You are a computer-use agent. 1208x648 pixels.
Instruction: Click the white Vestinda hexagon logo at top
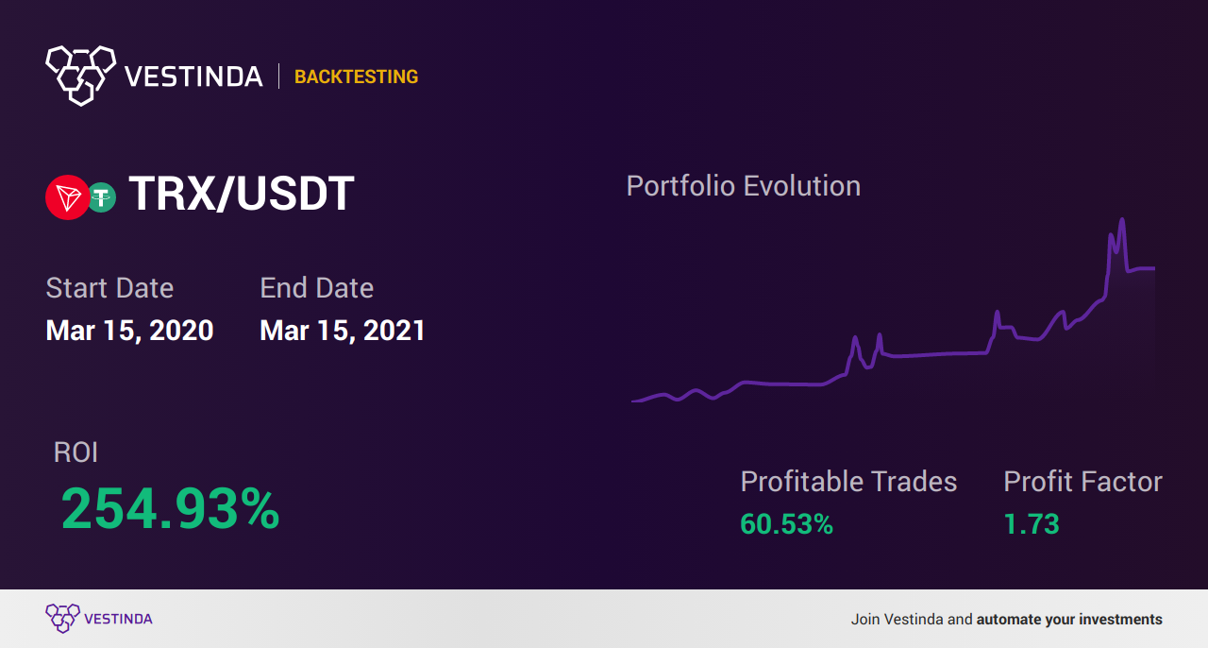point(81,76)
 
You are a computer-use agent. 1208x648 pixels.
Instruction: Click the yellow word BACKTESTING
point(356,77)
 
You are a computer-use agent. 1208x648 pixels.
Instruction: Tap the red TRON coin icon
point(67,197)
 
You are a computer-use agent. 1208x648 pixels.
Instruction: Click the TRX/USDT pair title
point(242,194)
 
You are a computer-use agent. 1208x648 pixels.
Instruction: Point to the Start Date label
point(109,288)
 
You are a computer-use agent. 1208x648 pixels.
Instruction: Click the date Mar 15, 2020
point(129,331)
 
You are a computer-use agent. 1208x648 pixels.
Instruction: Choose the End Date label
point(316,288)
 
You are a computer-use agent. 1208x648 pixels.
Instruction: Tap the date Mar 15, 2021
point(343,331)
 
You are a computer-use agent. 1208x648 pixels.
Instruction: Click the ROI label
point(75,452)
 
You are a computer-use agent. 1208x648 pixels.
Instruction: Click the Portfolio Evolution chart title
point(743,186)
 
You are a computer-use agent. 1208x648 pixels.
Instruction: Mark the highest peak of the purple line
point(1122,219)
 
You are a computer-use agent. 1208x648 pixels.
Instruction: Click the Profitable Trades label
point(848,481)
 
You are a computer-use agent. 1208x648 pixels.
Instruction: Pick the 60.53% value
point(786,524)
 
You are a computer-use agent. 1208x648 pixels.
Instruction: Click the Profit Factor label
point(1082,481)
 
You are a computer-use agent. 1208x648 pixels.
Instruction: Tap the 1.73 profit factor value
point(1032,524)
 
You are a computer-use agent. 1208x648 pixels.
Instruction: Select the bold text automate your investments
point(1069,620)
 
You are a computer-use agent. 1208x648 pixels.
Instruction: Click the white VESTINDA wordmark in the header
point(193,77)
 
